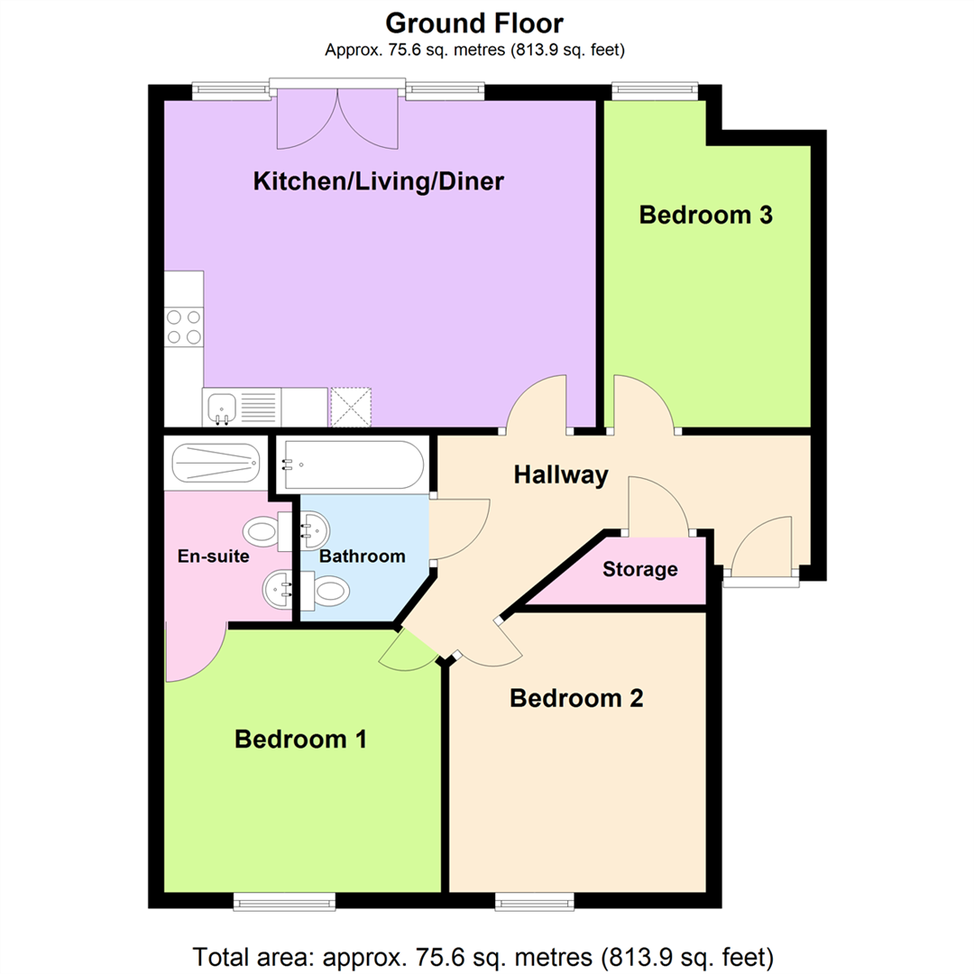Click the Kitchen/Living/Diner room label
click(x=378, y=181)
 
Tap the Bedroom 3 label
click(x=706, y=216)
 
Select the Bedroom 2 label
click(x=576, y=698)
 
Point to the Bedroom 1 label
click(x=300, y=740)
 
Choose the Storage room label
click(x=639, y=570)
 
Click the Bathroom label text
click(x=363, y=556)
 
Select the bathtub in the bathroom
click(x=350, y=464)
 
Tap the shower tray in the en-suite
click(x=216, y=463)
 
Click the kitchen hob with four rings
click(x=184, y=327)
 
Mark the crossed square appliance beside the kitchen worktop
click(x=351, y=406)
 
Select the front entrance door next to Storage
click(x=761, y=550)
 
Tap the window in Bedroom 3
click(x=655, y=90)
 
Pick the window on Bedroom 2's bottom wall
click(x=535, y=900)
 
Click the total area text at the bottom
click(x=483, y=953)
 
